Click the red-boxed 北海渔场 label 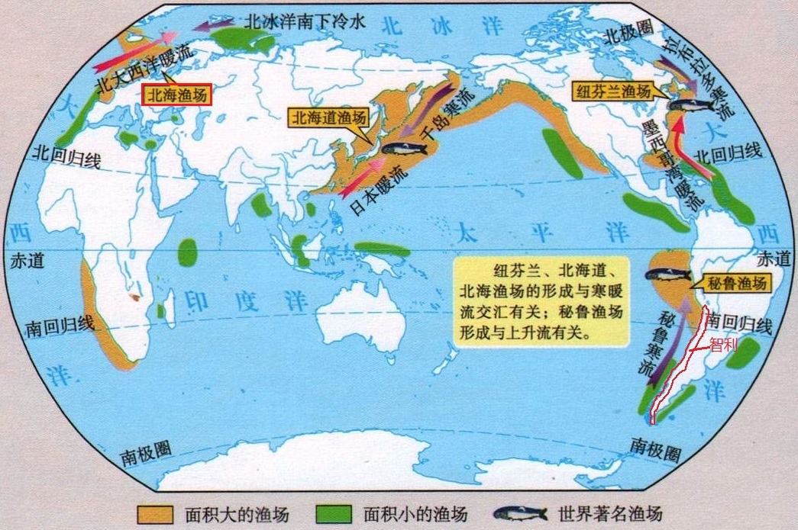pos(177,95)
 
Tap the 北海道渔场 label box pos(328,117)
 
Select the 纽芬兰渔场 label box pos(613,92)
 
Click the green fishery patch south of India pos(187,252)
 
